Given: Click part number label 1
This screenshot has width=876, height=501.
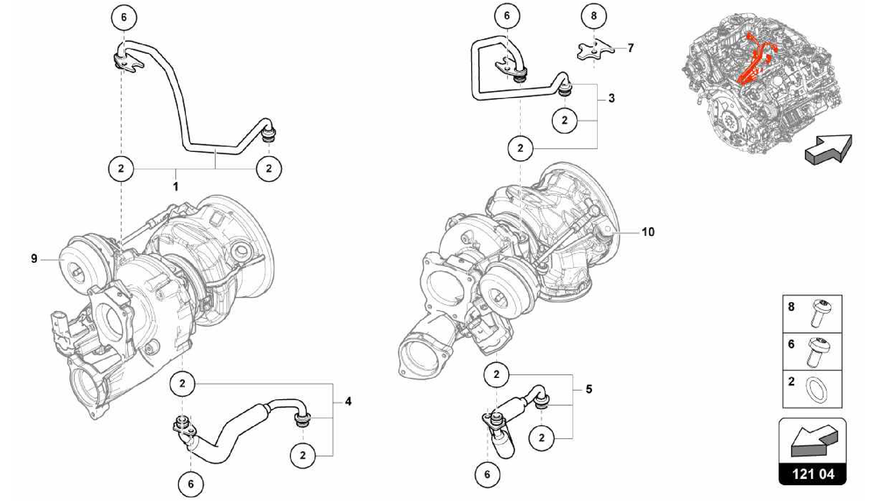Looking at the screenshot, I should pyautogui.click(x=175, y=186).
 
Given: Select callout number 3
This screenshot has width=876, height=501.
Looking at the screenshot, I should pyautogui.click(x=611, y=98).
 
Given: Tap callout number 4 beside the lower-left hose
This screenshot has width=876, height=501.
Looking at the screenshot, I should pyautogui.click(x=348, y=401).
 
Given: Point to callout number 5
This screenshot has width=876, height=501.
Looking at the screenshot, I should pyautogui.click(x=589, y=389).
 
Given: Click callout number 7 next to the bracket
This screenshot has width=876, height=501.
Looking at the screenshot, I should pyautogui.click(x=630, y=48).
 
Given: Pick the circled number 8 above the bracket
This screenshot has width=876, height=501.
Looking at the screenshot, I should pyautogui.click(x=594, y=16).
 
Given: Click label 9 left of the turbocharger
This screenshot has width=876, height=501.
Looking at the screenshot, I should pyautogui.click(x=34, y=259).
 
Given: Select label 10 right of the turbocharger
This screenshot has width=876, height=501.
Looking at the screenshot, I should pyautogui.click(x=648, y=232).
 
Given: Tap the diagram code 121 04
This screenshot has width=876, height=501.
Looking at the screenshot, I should pyautogui.click(x=813, y=474).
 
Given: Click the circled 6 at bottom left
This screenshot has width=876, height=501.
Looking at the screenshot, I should pyautogui.click(x=191, y=484).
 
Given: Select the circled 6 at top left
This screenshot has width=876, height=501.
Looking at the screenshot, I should pyautogui.click(x=124, y=17).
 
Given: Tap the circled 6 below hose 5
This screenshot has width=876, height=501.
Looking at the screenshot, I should pyautogui.click(x=487, y=474).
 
